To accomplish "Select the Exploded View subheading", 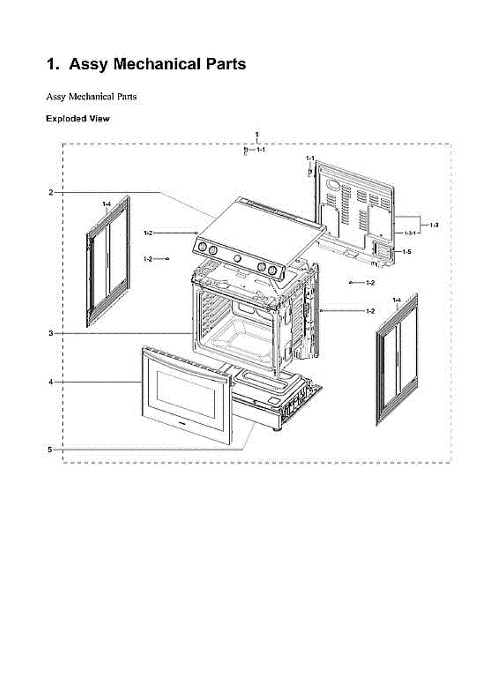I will click(x=77, y=119).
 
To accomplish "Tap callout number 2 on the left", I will click(x=50, y=192).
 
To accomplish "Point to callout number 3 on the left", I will click(x=50, y=333).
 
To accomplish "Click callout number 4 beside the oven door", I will click(x=50, y=381).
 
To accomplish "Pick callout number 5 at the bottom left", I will click(x=50, y=449).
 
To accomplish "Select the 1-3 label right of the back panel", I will click(x=434, y=225).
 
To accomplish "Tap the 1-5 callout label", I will click(x=406, y=251).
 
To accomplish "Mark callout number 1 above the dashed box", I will click(x=256, y=133).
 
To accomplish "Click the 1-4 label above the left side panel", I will click(x=107, y=204).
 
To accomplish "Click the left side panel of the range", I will click(x=108, y=262).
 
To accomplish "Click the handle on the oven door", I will click(x=184, y=363).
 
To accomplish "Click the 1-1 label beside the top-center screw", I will click(x=260, y=149).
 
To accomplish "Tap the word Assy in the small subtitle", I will click(x=56, y=97).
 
